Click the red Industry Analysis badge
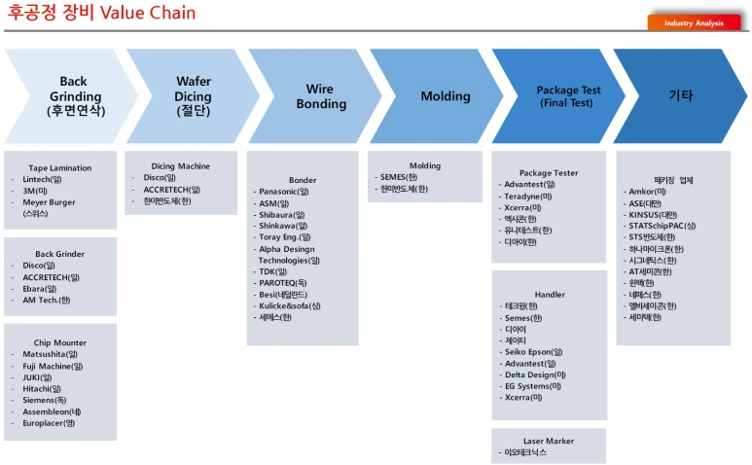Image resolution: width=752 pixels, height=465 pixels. click(694, 22)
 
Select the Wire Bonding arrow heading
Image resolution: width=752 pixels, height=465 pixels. click(321, 96)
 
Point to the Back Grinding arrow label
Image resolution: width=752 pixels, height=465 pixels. click(75, 96)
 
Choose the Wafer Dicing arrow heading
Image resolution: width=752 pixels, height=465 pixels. click(194, 96)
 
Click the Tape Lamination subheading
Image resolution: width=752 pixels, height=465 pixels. click(60, 167)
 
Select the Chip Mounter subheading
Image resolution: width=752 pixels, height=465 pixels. click(60, 342)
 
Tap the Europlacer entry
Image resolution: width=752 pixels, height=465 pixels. click(49, 423)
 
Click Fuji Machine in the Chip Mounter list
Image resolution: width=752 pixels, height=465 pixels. click(53, 366)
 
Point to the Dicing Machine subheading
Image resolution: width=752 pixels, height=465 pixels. click(180, 166)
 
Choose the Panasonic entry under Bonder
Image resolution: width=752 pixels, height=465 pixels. click(284, 192)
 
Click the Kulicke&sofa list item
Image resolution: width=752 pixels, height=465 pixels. click(290, 305)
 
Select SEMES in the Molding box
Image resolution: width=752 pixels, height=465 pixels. click(399, 177)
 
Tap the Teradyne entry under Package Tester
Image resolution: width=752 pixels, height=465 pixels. click(528, 197)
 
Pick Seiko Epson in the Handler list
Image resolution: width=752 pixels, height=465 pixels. click(534, 352)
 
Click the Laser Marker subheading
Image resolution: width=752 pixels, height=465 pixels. click(549, 441)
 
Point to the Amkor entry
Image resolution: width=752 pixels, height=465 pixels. click(648, 192)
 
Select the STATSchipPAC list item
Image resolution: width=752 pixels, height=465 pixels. click(662, 226)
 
